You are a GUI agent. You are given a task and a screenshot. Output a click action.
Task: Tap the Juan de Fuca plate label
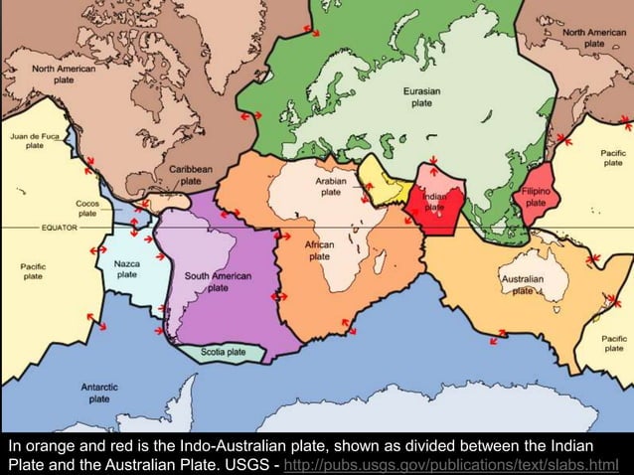35,139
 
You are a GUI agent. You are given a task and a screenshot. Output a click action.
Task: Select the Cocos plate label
87,207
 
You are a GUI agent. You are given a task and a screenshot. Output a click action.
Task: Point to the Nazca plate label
127,268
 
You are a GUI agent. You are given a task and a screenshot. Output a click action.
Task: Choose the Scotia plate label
224,352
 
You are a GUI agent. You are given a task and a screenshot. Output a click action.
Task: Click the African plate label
320,249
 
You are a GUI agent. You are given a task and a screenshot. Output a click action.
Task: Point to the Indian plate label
434,201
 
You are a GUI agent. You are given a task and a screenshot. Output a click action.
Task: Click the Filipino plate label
536,195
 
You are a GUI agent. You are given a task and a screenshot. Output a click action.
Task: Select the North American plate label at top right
593,38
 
